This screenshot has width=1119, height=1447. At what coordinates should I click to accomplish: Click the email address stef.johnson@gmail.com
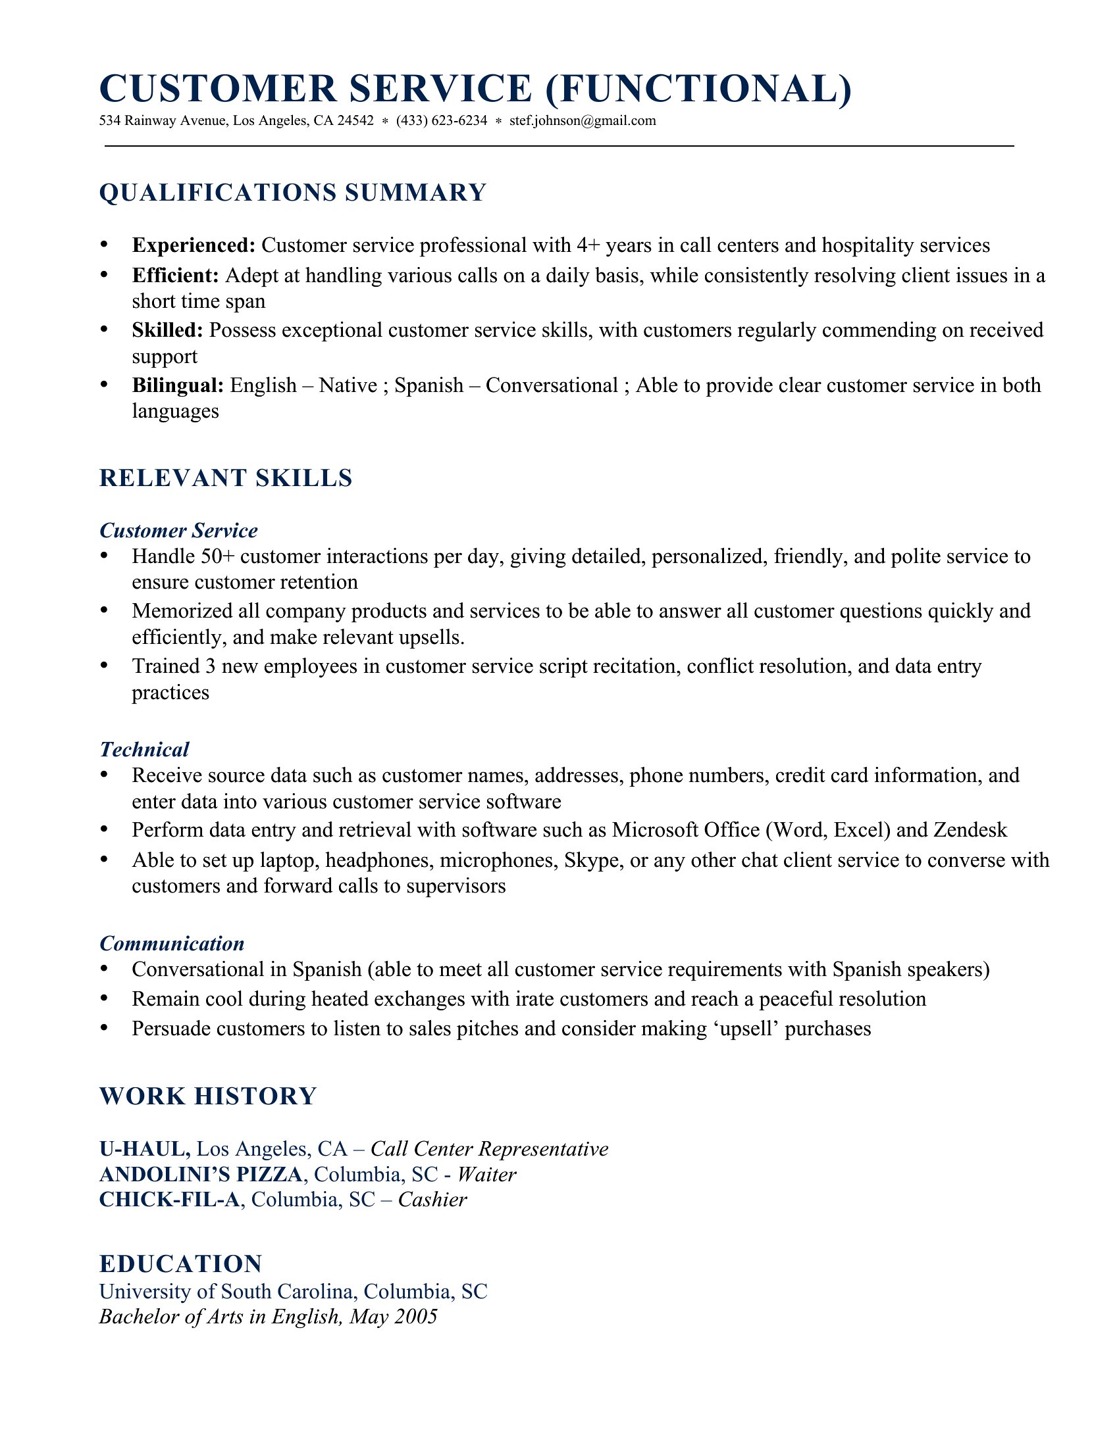(582, 120)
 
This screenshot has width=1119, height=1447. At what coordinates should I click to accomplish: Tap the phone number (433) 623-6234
(442, 120)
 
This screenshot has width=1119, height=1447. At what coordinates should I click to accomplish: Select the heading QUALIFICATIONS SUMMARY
(293, 193)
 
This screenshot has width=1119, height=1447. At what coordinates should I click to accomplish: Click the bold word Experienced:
(194, 245)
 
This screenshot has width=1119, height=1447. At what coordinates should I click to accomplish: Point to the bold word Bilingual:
(178, 385)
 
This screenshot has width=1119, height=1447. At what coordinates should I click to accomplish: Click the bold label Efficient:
(175, 275)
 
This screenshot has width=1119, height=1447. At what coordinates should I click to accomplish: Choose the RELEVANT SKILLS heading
(225, 478)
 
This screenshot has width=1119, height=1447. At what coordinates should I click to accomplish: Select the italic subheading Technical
(145, 749)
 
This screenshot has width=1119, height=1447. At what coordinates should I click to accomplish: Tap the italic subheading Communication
(172, 943)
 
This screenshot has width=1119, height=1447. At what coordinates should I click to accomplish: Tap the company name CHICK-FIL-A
(169, 1199)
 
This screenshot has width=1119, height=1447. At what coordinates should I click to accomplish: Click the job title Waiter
(486, 1174)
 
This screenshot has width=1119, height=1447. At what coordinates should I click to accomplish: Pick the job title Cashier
(432, 1199)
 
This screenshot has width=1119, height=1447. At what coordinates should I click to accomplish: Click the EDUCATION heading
(181, 1263)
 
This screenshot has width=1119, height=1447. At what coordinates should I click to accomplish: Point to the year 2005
(415, 1316)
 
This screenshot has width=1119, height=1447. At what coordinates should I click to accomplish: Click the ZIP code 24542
(355, 120)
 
